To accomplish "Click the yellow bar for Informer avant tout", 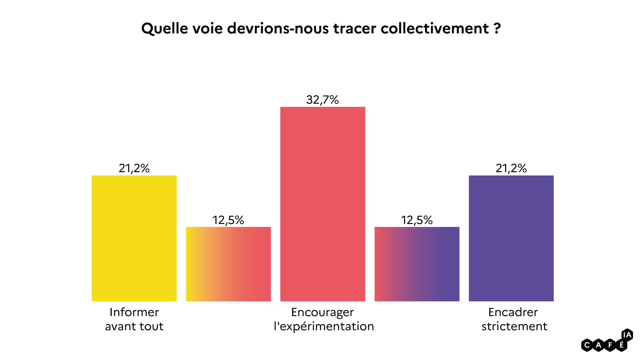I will (x=134, y=238).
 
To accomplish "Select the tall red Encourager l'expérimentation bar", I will (x=323, y=204).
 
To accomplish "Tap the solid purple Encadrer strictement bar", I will (x=511, y=238).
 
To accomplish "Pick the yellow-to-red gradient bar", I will (x=228, y=264).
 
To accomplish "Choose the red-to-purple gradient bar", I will (x=417, y=264).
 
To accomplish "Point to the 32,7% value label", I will (x=322, y=100).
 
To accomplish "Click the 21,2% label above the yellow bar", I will (x=134, y=168).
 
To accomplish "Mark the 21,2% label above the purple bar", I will (x=511, y=168).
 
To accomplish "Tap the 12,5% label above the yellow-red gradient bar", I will (x=228, y=220).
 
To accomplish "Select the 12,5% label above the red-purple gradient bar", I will (x=417, y=220).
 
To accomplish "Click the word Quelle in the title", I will (x=164, y=29).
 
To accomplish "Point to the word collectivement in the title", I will (x=435, y=29).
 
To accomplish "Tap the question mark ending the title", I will (x=497, y=29).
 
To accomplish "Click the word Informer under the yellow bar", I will (x=134, y=312).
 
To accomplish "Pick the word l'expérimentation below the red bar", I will (x=324, y=326).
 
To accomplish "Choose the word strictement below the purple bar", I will (x=514, y=326).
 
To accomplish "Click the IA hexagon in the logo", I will (x=627, y=335).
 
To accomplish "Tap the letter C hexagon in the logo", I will (x=587, y=345).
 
